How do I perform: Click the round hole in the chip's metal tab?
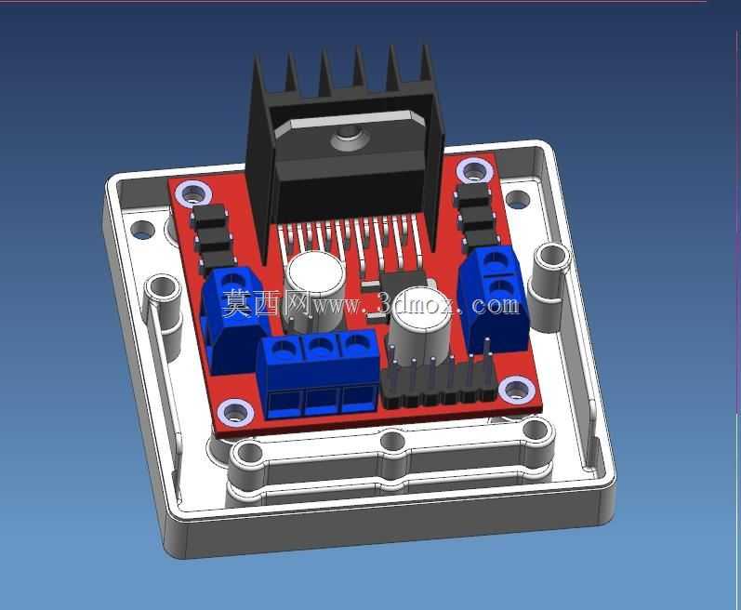point(351,139)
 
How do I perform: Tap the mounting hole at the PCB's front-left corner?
point(235,412)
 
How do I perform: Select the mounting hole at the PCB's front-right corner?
point(517,389)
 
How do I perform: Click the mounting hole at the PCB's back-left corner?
point(192,194)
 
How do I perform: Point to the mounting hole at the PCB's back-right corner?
point(474,171)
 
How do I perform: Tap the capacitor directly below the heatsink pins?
point(314,292)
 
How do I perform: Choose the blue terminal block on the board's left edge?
point(234,320)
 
